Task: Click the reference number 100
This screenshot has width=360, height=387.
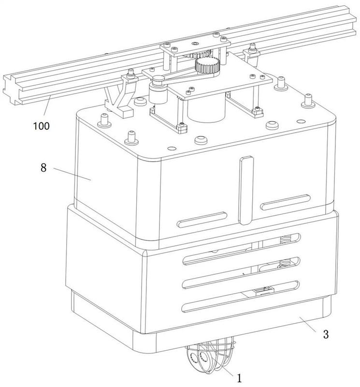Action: click(42, 126)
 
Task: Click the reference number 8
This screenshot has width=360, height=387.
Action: click(43, 168)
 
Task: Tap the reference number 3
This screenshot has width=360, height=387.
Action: click(326, 334)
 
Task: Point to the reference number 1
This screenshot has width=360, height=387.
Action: click(239, 378)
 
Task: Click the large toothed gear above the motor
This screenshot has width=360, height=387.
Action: click(207, 65)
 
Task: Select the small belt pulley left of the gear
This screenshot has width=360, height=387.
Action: click(158, 80)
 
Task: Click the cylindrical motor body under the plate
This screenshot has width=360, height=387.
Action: click(207, 108)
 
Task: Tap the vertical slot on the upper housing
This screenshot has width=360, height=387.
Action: click(246, 190)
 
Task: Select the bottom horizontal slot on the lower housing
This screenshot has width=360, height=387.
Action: click(241, 297)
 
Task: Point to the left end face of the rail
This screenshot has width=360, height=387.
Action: click(10, 90)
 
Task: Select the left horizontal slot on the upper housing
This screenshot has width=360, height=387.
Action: click(202, 220)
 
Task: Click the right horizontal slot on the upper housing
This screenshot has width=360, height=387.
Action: click(285, 202)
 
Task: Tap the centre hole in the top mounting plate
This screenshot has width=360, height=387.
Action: click(196, 44)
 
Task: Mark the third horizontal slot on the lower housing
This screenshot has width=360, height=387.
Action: click(241, 272)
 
